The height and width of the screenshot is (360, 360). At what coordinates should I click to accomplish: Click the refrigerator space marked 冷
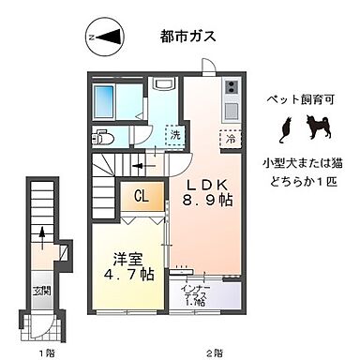tap(231, 137)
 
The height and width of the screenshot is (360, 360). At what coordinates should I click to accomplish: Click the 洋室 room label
tap(115, 258)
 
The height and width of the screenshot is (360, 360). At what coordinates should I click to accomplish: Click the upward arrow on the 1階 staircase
tap(41, 234)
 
